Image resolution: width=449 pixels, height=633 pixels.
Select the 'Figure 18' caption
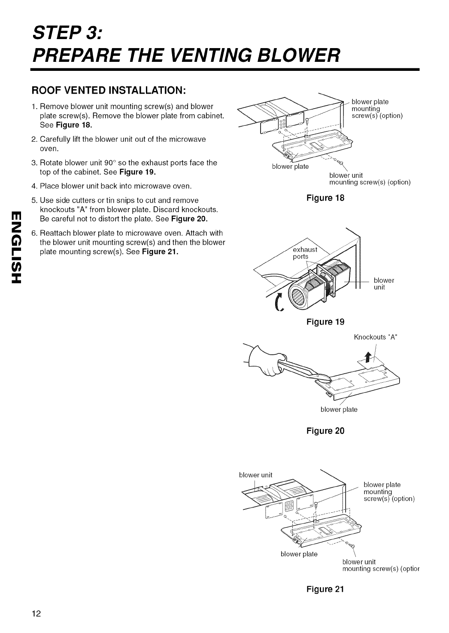pyautogui.click(x=325, y=198)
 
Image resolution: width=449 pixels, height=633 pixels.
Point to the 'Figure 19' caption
pyautogui.click(x=325, y=322)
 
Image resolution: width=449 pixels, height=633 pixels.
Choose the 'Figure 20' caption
pyautogui.click(x=325, y=430)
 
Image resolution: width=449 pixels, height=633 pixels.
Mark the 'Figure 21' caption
pyautogui.click(x=325, y=589)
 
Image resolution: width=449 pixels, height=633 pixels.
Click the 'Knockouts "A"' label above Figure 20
pyautogui.click(x=376, y=337)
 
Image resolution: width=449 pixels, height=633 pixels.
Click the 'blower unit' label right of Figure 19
pyautogui.click(x=384, y=284)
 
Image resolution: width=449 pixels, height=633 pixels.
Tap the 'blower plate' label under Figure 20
pyautogui.click(x=339, y=409)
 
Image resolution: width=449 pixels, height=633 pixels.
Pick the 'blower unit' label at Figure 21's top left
pyautogui.click(x=255, y=475)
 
